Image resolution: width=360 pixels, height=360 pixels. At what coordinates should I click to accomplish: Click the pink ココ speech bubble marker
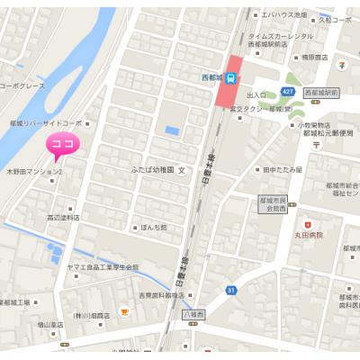point(64,145)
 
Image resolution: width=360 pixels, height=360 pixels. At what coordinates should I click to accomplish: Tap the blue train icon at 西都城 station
point(231,77)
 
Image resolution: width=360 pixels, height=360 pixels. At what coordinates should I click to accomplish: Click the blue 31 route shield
point(231,290)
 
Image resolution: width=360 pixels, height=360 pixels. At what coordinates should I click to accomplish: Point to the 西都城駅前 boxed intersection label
point(320,92)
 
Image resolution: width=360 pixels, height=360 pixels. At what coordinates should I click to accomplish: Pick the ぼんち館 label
point(154,227)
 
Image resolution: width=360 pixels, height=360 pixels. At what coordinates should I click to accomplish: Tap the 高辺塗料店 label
point(63,217)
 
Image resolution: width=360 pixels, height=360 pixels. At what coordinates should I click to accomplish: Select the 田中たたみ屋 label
point(283,169)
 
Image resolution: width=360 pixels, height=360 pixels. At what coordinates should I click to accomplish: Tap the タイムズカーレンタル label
point(282,35)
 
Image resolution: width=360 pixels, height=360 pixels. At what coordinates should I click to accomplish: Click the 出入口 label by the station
point(256,94)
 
